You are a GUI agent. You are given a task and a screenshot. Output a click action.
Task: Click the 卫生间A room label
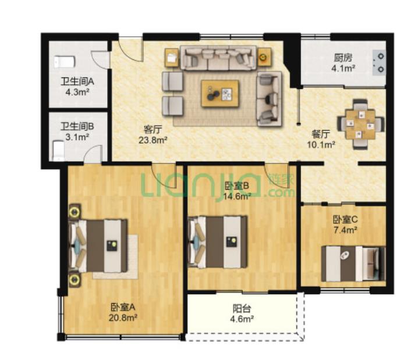pos(77,81)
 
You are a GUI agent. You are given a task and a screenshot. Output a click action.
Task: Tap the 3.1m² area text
pos(77,137)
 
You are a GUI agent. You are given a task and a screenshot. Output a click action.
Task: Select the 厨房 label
pos(343,58)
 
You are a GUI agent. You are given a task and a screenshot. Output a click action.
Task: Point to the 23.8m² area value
pos(153,140)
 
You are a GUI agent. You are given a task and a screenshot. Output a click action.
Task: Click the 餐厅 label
pos(321,134)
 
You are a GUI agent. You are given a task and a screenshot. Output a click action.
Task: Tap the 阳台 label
pos(242,309)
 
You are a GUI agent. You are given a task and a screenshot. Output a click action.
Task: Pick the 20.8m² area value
pos(123,318)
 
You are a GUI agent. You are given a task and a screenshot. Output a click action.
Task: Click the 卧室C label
pos(345,219)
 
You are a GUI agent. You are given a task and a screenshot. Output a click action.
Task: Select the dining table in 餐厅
pos(361,124)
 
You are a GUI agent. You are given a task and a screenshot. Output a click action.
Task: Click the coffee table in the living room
pos(220,94)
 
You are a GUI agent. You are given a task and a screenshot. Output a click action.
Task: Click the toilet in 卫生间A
pos(65,62)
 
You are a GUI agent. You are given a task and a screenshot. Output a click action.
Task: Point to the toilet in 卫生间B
pos(59,151)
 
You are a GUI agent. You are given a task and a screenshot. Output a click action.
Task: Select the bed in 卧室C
pos(353,263)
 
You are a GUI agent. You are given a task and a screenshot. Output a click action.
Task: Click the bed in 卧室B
pos(217,242)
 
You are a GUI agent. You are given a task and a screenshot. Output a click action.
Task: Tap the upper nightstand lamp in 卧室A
pos(75,212)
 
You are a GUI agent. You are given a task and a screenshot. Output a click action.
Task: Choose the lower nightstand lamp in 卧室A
pos(75,280)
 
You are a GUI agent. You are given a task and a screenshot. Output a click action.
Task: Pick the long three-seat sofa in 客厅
pos(218,58)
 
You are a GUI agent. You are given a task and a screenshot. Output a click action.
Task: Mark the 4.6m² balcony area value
pos(242,319)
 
